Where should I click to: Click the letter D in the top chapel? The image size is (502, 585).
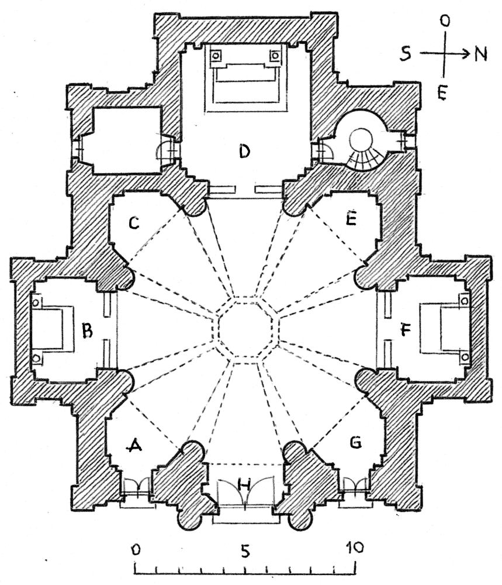[x=244, y=152]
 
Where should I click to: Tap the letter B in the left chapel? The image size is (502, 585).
[x=87, y=330]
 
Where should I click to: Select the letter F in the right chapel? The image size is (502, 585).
[x=406, y=329]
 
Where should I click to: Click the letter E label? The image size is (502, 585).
[x=351, y=219]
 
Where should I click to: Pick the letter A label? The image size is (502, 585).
[x=135, y=445]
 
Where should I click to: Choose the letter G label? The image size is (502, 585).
[x=355, y=442]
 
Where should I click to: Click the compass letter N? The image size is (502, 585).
[x=481, y=54]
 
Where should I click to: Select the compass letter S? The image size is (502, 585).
[x=406, y=54]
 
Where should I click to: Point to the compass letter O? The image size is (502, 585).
[x=445, y=21]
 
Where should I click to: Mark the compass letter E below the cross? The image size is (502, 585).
[x=442, y=93]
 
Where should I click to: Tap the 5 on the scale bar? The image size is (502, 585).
[x=245, y=551]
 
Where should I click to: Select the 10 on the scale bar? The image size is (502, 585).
[x=354, y=548]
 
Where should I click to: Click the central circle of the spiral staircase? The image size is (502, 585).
[x=361, y=140]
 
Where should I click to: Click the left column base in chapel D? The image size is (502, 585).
[x=216, y=56]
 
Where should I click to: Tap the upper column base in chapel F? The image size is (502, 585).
[x=465, y=300]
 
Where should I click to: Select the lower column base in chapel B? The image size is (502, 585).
[x=36, y=358]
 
